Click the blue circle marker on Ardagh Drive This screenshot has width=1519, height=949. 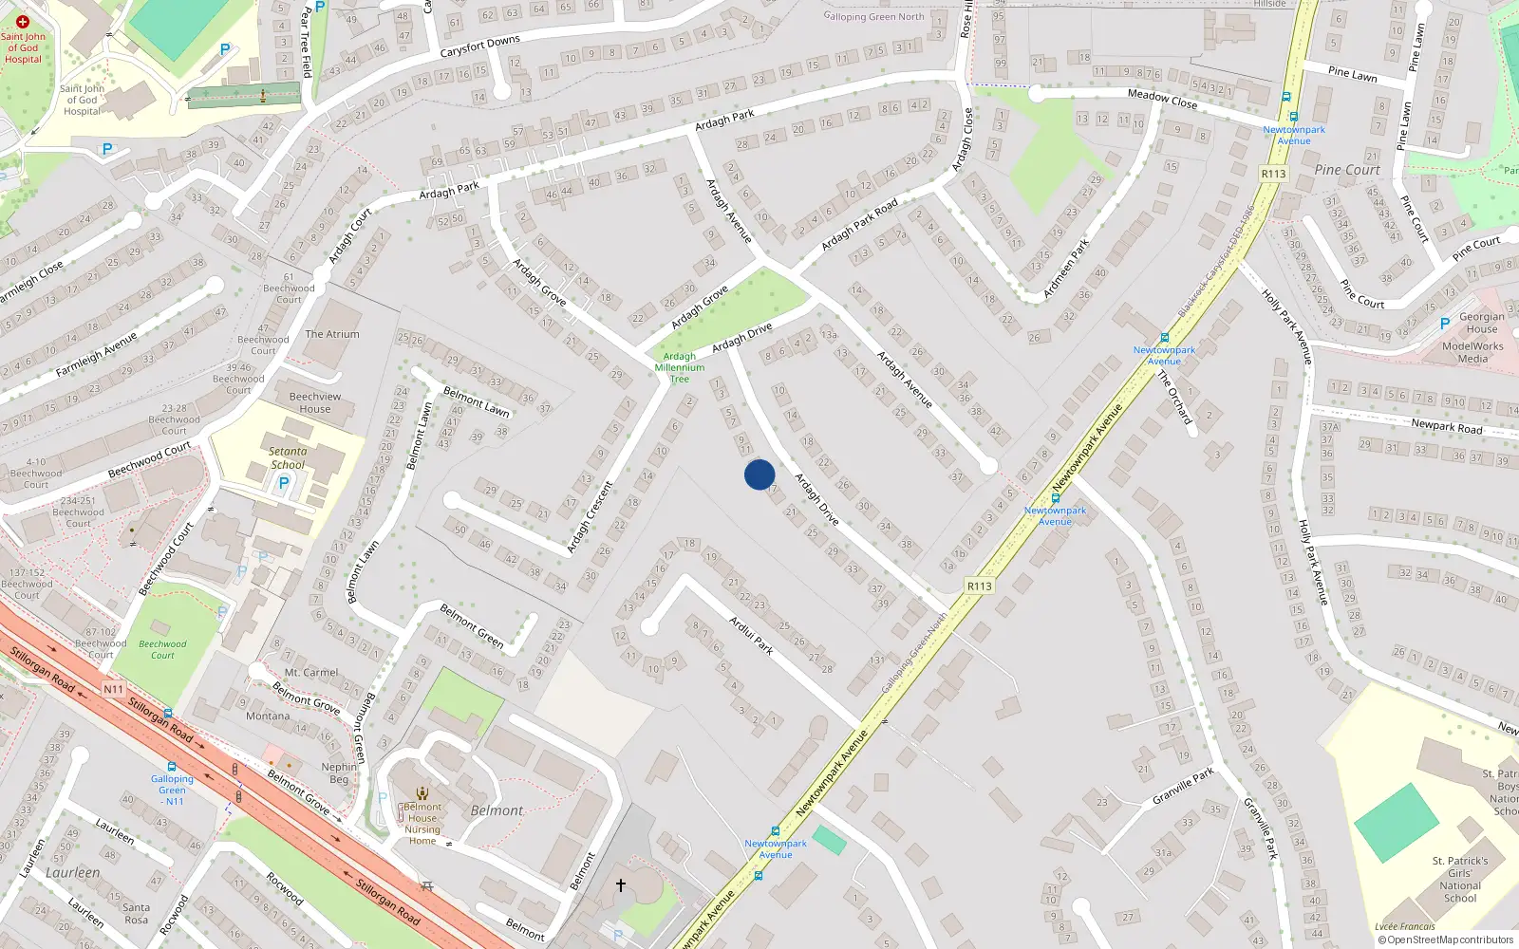pos(759,474)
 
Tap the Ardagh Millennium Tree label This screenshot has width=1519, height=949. pos(680,367)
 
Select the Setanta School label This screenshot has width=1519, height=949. pos(288,458)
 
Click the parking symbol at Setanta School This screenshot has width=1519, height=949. pos(283,483)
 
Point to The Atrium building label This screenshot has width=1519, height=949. pos(332,334)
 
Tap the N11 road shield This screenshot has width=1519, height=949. pos(113,689)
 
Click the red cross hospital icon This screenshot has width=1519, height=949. pos(23,21)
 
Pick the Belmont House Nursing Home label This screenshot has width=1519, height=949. pos(422,824)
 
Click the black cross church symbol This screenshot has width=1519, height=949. pos(621,885)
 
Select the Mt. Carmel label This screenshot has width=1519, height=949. pos(311,673)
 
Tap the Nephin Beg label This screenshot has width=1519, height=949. pos(340,772)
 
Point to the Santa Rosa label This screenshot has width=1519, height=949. pos(136,913)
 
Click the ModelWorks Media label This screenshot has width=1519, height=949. pos(1472,352)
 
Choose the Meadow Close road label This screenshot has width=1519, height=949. pos(1162,99)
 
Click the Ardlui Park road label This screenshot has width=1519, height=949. pos(751,635)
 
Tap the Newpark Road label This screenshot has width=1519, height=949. pos(1446,426)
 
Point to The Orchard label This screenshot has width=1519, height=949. pos(1173,397)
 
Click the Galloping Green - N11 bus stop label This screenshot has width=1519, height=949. pos(172,790)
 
